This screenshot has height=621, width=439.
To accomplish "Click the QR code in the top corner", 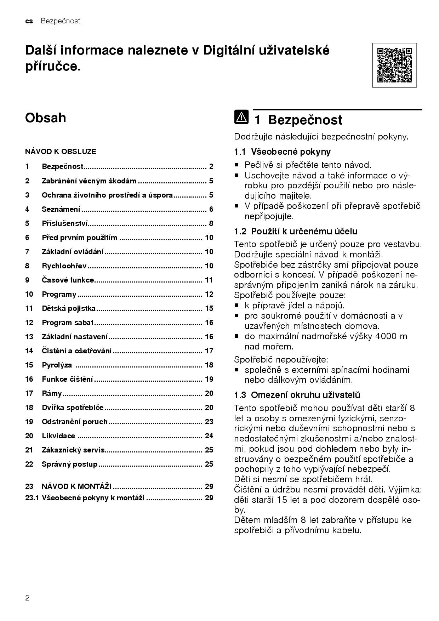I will point(394,65).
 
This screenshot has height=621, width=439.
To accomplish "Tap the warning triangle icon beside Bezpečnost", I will point(241,117).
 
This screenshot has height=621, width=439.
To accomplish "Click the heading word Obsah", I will point(45,118).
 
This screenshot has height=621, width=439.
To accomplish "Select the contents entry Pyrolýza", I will point(57,365).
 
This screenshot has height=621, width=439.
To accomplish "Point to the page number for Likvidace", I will point(209,436).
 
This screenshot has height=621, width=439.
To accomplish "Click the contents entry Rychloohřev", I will point(64,266).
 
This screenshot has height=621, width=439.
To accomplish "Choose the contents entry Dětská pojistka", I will point(69,308).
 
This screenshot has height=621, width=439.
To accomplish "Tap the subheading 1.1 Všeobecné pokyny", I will point(282,152).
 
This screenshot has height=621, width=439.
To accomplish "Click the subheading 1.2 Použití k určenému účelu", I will point(296,232).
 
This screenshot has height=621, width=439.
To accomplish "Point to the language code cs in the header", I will point(29,21).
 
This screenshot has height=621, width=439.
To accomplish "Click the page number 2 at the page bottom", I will point(27,598).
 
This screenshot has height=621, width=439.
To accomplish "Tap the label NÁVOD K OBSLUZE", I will point(61,152).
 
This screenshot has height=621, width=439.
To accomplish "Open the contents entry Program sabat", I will point(68,323).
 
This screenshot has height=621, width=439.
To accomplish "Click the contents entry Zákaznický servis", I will point(73,450).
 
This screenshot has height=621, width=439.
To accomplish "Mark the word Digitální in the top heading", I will point(238,50).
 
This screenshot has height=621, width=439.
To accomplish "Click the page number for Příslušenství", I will point(211,223).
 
